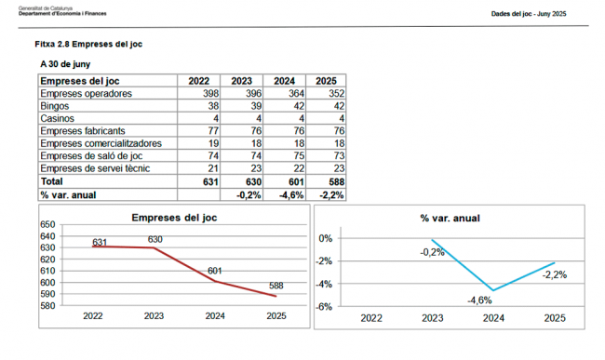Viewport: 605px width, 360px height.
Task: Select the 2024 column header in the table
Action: coord(284,81)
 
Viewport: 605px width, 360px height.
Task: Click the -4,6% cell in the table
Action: coord(289,195)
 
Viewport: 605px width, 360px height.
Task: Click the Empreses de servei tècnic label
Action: coord(95,169)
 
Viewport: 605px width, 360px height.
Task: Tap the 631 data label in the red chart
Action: coord(100,242)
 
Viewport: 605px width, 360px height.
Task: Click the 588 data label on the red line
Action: coord(276,286)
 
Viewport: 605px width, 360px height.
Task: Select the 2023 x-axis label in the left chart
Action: coord(154,316)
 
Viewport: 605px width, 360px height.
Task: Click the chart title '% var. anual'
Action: coord(450,218)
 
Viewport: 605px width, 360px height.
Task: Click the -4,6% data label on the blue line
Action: coord(478,300)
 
